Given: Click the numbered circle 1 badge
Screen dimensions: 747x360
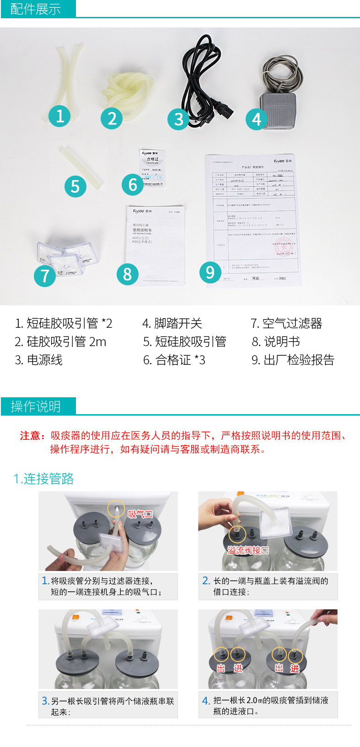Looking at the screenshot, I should click(60, 116).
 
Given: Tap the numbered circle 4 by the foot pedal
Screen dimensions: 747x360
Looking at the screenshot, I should click(257, 119).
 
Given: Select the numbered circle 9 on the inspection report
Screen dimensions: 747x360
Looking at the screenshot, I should click(210, 272).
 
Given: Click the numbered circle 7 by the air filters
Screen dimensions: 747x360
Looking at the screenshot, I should click(45, 276).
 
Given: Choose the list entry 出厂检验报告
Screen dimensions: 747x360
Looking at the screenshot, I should click(293, 360).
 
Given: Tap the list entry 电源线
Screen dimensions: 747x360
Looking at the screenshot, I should click(39, 360).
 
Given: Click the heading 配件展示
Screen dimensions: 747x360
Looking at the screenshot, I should click(36, 9).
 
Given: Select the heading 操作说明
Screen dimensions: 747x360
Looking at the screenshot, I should click(36, 406).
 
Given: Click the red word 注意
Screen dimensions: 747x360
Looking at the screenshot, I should click(32, 436).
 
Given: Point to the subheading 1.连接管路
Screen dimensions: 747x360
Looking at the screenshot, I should click(44, 479).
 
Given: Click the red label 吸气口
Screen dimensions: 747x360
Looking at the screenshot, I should click(140, 514).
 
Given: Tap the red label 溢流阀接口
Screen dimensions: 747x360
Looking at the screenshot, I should click(248, 550).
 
